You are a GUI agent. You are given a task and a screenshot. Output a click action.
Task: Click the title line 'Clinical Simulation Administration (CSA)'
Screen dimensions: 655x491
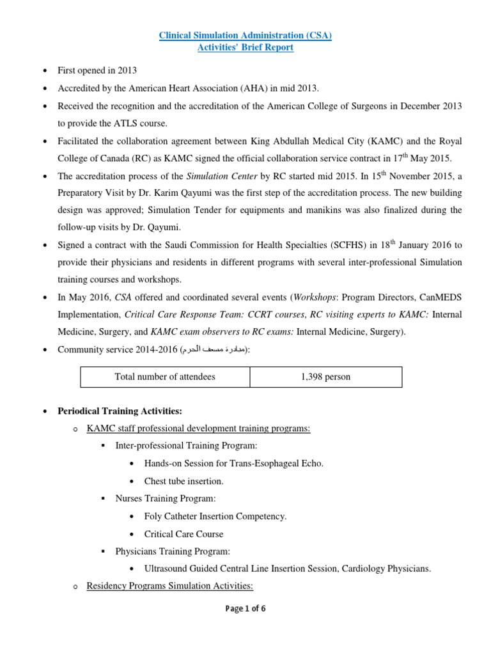click(x=245, y=35)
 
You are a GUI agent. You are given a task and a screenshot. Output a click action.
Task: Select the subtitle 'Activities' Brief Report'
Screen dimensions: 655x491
click(x=245, y=48)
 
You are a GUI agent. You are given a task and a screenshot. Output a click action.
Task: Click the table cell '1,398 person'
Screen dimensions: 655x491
click(x=325, y=377)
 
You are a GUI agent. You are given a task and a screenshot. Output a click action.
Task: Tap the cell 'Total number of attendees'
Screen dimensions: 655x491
click(x=165, y=377)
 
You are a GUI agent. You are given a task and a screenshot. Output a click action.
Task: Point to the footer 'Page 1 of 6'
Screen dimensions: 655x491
click(x=245, y=608)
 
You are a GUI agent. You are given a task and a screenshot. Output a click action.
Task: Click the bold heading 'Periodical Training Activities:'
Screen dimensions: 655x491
click(x=120, y=411)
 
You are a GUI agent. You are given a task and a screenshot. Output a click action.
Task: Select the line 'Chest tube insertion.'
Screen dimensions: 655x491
click(x=184, y=481)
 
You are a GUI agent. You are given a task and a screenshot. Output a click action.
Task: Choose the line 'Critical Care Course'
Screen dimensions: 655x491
click(x=184, y=533)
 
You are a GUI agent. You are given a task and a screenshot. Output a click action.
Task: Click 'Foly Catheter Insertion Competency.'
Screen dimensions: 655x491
click(x=215, y=516)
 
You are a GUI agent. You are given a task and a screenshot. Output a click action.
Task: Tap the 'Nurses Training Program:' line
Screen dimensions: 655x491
click(x=166, y=498)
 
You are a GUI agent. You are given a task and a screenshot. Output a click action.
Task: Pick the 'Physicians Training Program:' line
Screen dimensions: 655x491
click(x=173, y=551)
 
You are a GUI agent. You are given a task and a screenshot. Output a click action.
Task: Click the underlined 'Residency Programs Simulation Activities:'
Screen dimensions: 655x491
click(x=170, y=585)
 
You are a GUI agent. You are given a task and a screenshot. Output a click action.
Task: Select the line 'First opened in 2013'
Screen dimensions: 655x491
click(x=97, y=70)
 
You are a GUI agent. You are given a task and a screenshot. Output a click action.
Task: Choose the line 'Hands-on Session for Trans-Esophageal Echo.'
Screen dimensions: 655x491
click(x=234, y=463)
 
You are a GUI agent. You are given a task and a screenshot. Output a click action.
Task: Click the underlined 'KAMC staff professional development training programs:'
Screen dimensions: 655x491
click(x=198, y=429)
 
